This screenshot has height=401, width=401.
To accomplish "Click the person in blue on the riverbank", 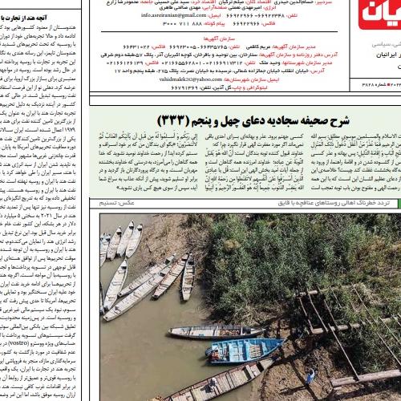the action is click(x=311, y=375).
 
